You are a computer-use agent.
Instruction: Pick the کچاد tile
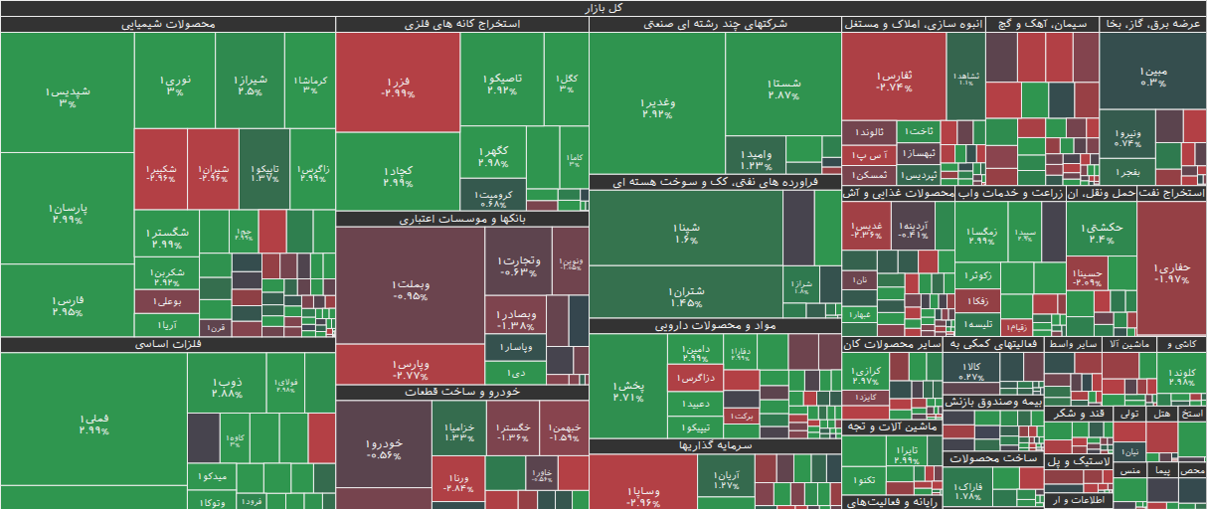pos(397,176)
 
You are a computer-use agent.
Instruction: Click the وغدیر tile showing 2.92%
pos(657,106)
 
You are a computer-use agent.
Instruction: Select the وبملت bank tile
pos(410,289)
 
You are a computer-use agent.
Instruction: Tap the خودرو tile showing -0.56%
pos(383,448)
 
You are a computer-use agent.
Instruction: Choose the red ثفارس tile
pos(893,80)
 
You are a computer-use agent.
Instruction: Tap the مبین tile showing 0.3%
pos(1152,76)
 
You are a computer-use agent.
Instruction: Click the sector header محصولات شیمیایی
pos(167,24)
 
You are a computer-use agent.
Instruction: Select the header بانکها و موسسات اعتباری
pos(461,219)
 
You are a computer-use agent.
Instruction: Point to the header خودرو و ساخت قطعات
pos(461,393)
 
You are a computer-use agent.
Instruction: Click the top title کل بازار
pos(603,8)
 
